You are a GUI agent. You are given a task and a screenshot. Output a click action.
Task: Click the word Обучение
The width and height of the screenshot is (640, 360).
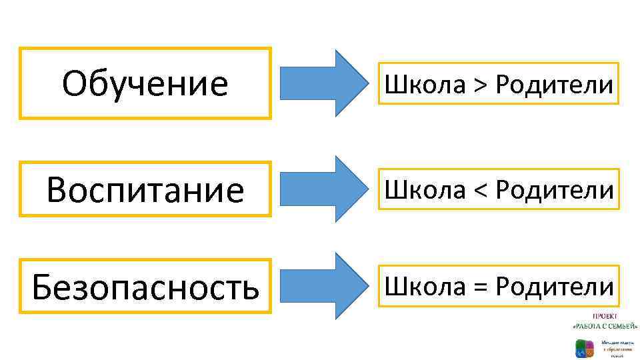pos(145,84)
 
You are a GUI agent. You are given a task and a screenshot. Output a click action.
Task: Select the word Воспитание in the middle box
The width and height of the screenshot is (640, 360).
pos(145,191)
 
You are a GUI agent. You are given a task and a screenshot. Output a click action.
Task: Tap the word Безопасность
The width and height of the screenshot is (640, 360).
pos(145,287)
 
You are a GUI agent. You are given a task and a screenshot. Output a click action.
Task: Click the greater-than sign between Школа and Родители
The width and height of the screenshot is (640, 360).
pos(481,85)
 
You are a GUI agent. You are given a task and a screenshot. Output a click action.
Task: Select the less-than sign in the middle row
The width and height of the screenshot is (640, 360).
pos(481,191)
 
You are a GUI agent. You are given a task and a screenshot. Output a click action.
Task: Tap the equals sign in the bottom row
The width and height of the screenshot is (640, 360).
pos(481,287)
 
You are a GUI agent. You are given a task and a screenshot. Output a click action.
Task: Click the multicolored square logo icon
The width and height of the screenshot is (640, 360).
pos(585,347)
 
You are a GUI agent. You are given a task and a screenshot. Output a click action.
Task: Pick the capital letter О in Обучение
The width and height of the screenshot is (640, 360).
pos(74,84)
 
